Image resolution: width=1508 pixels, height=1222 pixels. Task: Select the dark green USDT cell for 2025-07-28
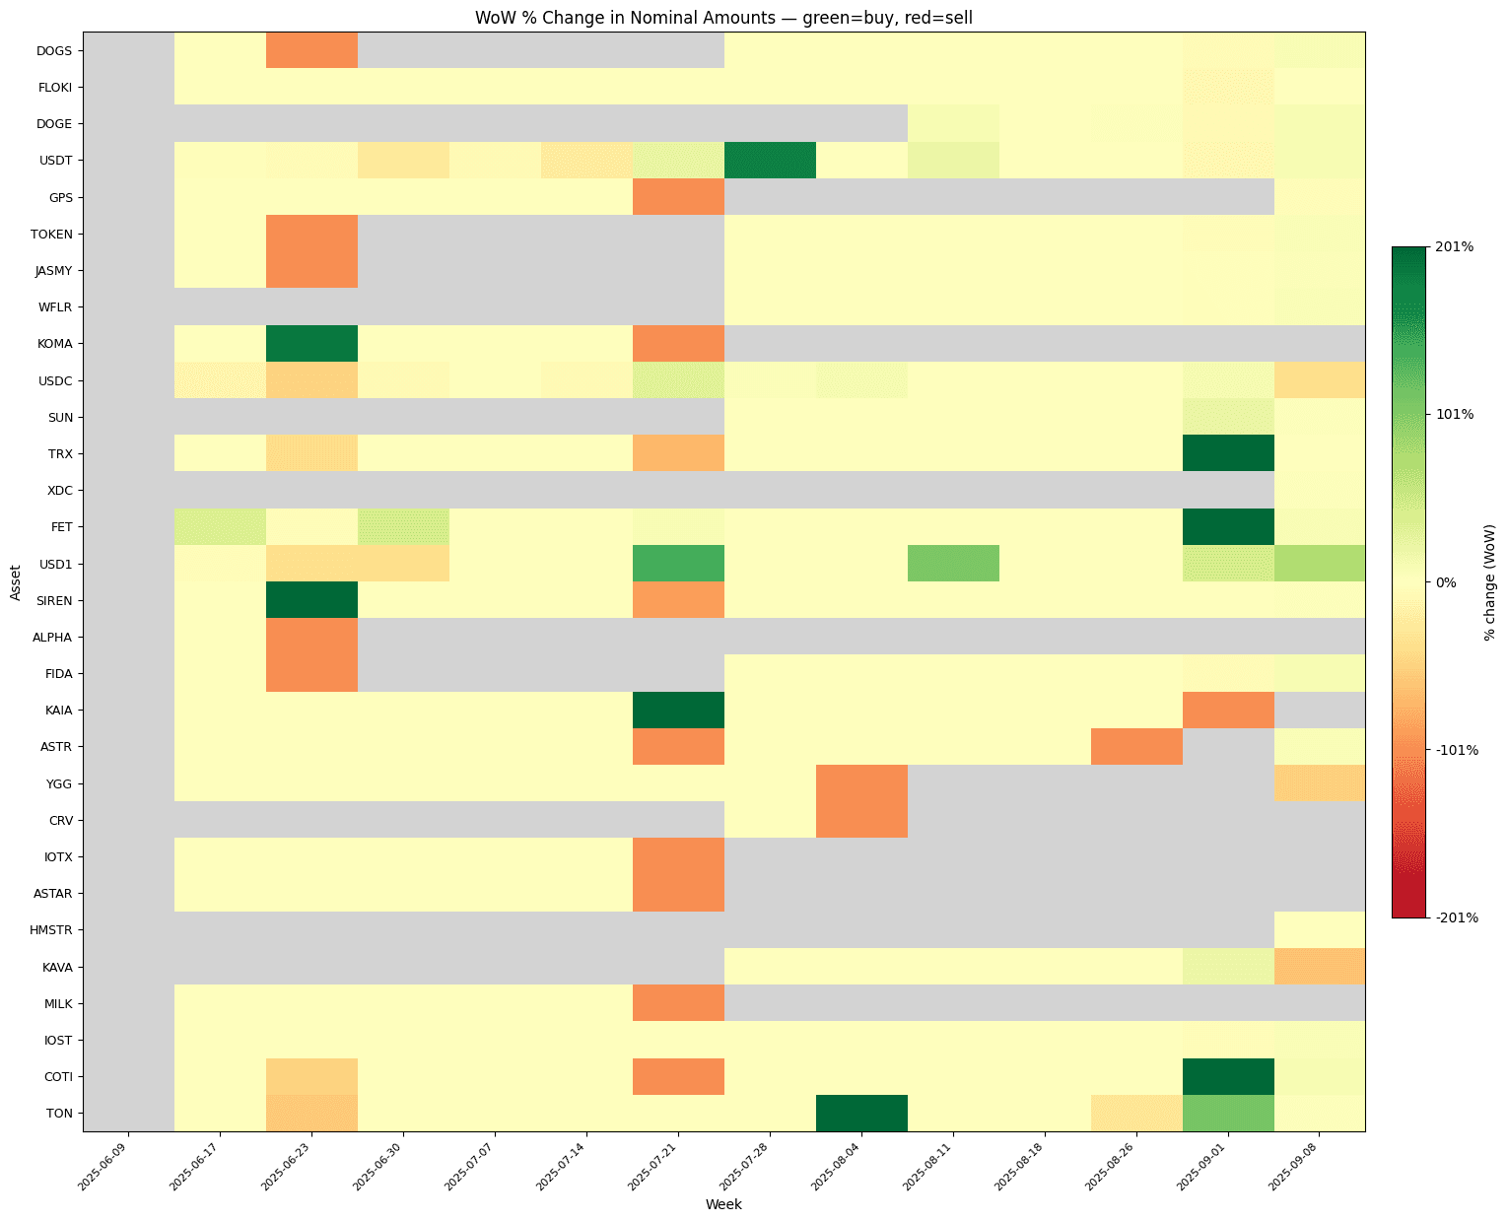point(770,160)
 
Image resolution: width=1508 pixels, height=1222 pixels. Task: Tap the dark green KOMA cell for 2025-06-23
point(311,343)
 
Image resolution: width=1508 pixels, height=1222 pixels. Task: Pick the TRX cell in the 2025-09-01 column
point(1228,453)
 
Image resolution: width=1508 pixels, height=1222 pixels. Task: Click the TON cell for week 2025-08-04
point(861,1113)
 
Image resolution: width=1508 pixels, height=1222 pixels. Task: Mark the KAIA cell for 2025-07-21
point(678,710)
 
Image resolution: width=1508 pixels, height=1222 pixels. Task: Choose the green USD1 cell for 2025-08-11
point(953,564)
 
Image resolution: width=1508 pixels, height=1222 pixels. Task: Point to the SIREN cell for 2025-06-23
point(311,600)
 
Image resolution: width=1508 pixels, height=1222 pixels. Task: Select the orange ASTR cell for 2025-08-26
point(1136,746)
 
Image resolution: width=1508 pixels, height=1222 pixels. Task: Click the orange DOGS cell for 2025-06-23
point(311,50)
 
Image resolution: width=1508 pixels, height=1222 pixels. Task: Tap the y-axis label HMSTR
point(52,929)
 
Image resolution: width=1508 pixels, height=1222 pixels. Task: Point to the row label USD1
point(55,564)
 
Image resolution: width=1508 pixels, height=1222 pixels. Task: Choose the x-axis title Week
point(723,1204)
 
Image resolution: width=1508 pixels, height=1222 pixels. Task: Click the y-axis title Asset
point(15,581)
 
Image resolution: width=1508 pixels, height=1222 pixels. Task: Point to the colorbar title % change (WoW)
point(1489,581)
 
